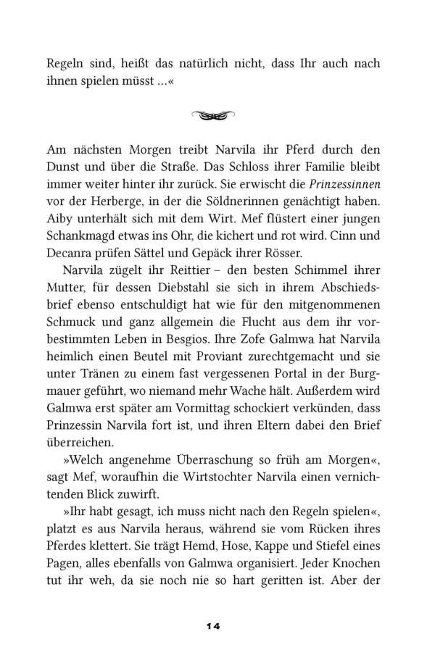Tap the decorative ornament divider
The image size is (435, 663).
pos(217,115)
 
